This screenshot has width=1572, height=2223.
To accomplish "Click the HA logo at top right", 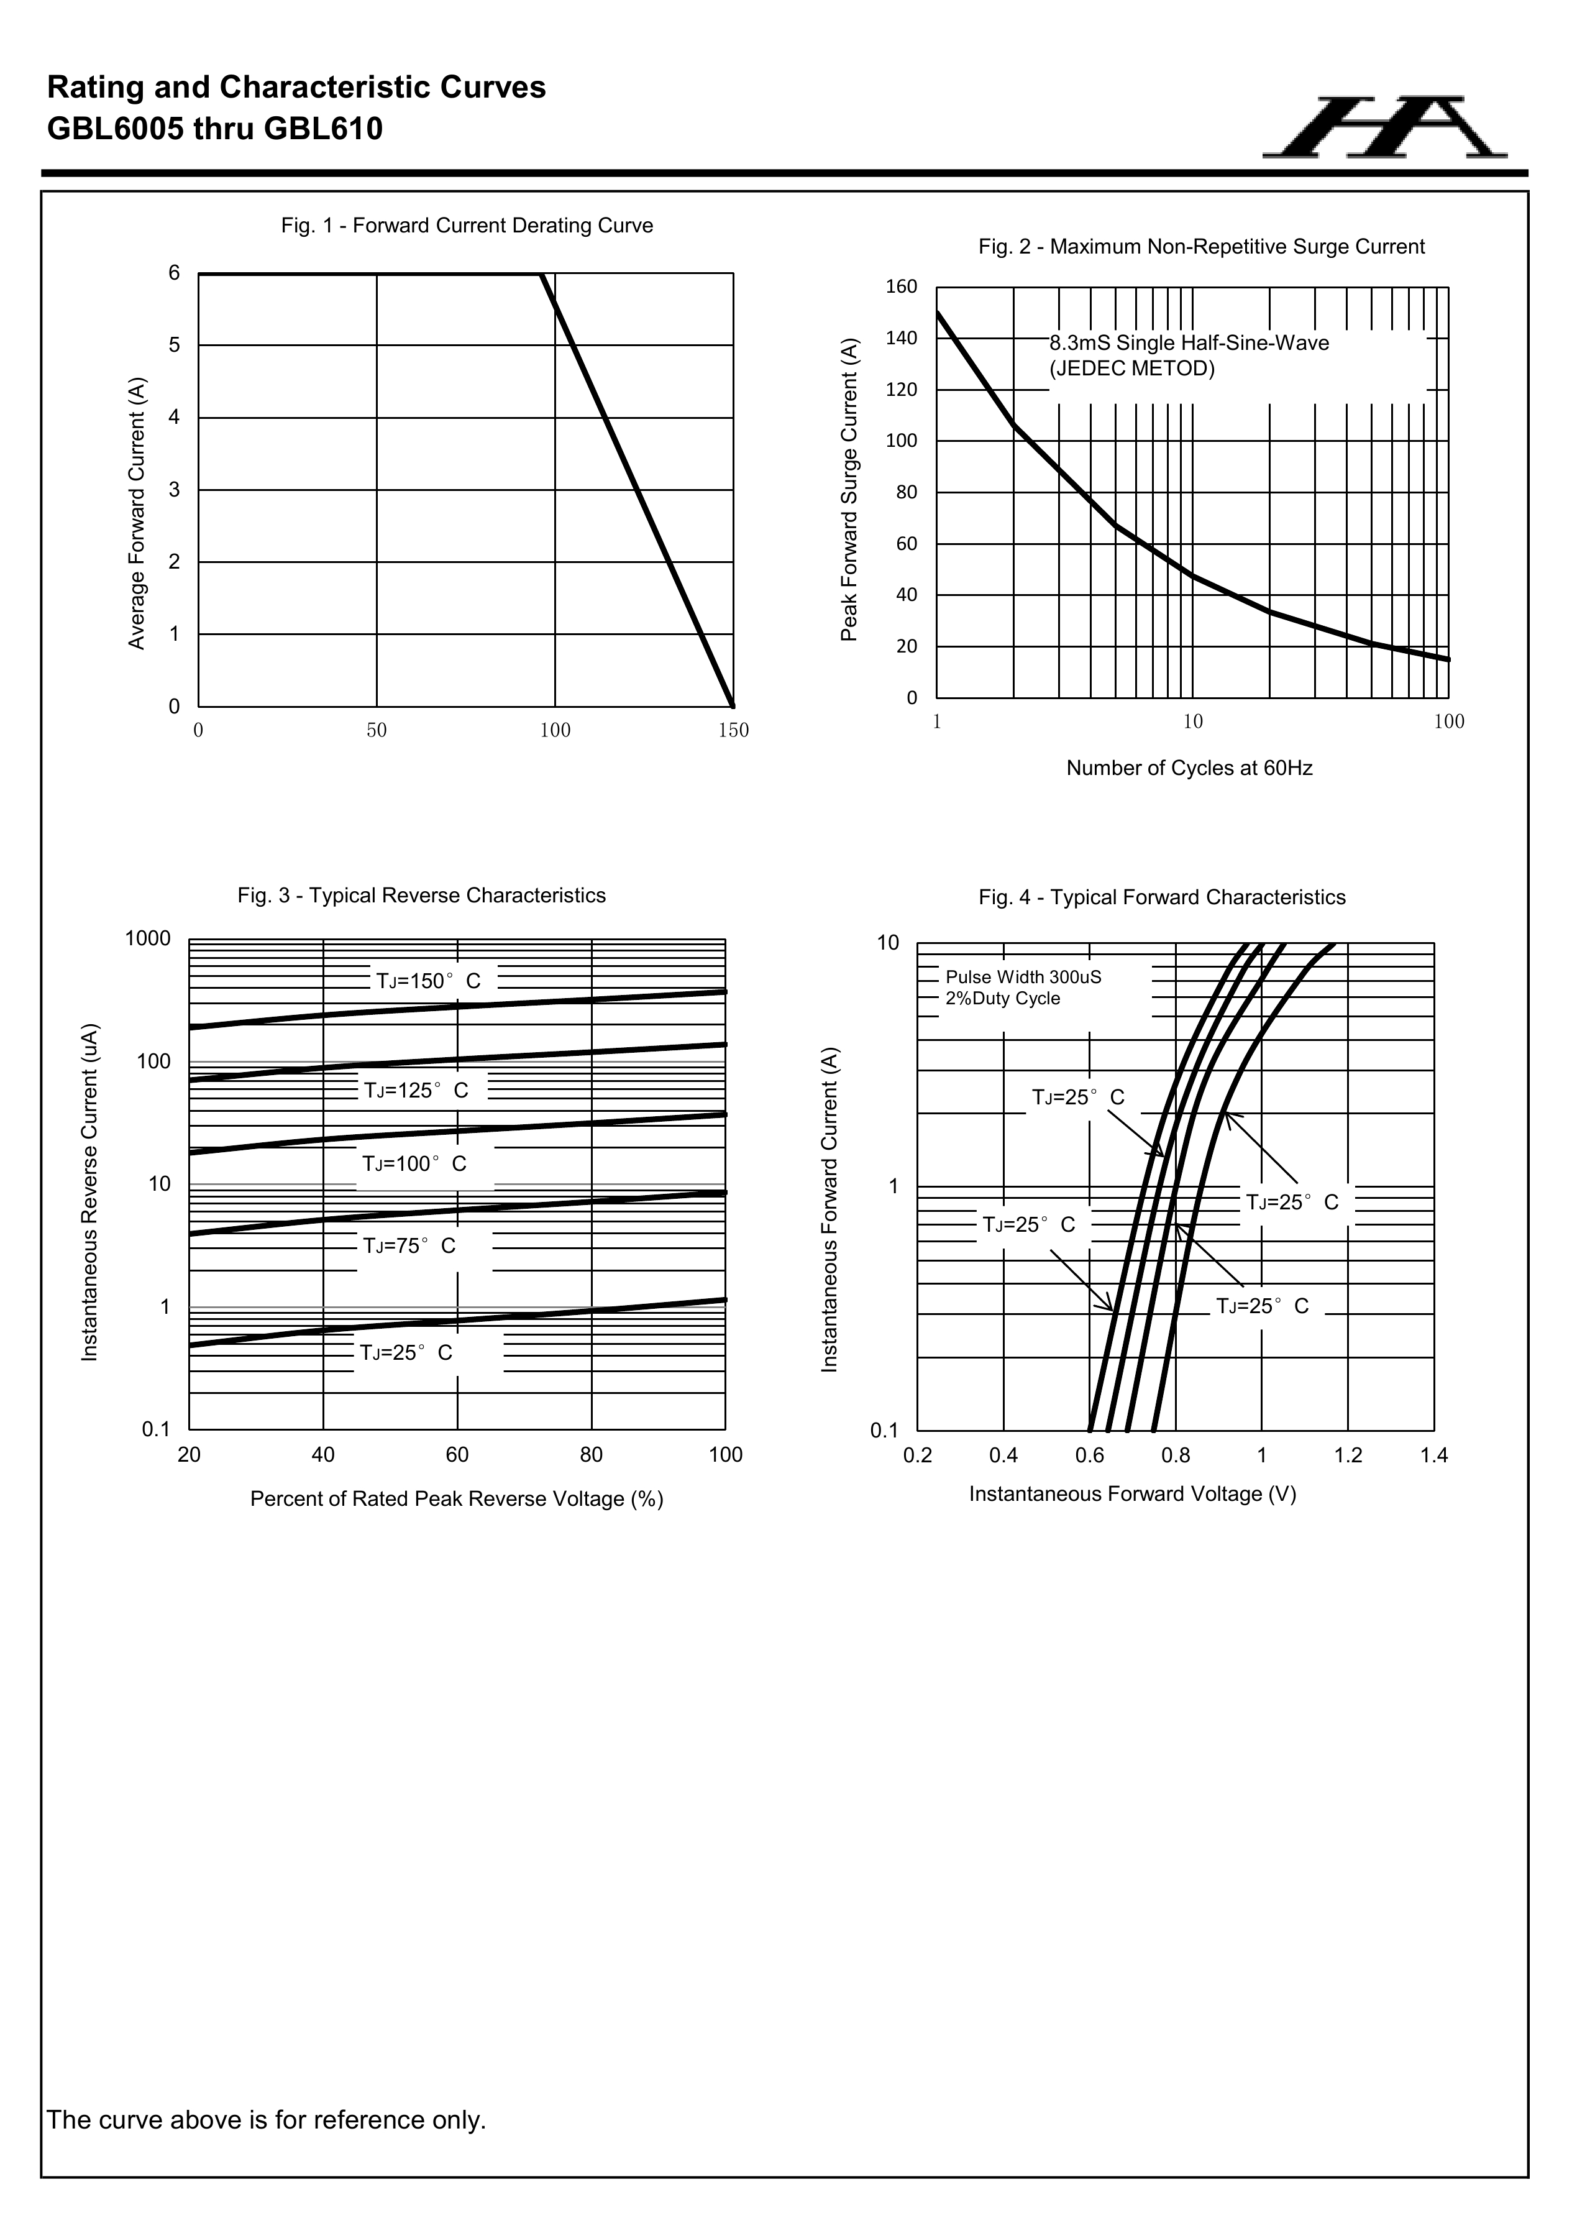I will pyautogui.click(x=1384, y=128).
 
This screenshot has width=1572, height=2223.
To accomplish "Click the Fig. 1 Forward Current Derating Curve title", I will pyautogui.click(x=467, y=226).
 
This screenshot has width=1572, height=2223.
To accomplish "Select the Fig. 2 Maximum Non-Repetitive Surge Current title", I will pyautogui.click(x=1200, y=247).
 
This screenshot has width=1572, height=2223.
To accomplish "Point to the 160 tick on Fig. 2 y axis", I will pyautogui.click(x=901, y=286).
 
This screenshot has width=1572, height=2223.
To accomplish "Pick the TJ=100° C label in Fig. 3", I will pyautogui.click(x=414, y=1164).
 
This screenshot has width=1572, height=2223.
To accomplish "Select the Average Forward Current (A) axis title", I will pyautogui.click(x=137, y=513).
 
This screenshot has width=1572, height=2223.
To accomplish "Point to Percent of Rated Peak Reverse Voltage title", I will pyautogui.click(x=457, y=1500).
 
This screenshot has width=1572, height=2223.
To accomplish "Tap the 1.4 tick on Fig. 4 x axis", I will pyautogui.click(x=1433, y=1456).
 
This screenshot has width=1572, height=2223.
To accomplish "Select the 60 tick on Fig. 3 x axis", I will pyautogui.click(x=457, y=1455).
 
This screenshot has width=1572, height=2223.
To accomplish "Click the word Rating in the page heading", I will pyautogui.click(x=93, y=88).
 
